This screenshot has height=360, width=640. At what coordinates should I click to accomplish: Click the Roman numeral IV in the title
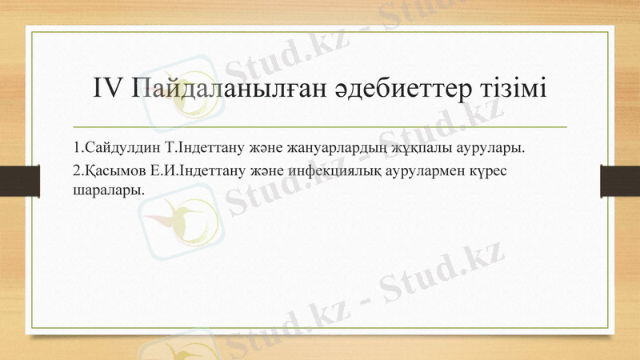tap(106, 88)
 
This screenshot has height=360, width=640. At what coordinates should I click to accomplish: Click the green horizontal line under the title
tap(320, 127)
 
